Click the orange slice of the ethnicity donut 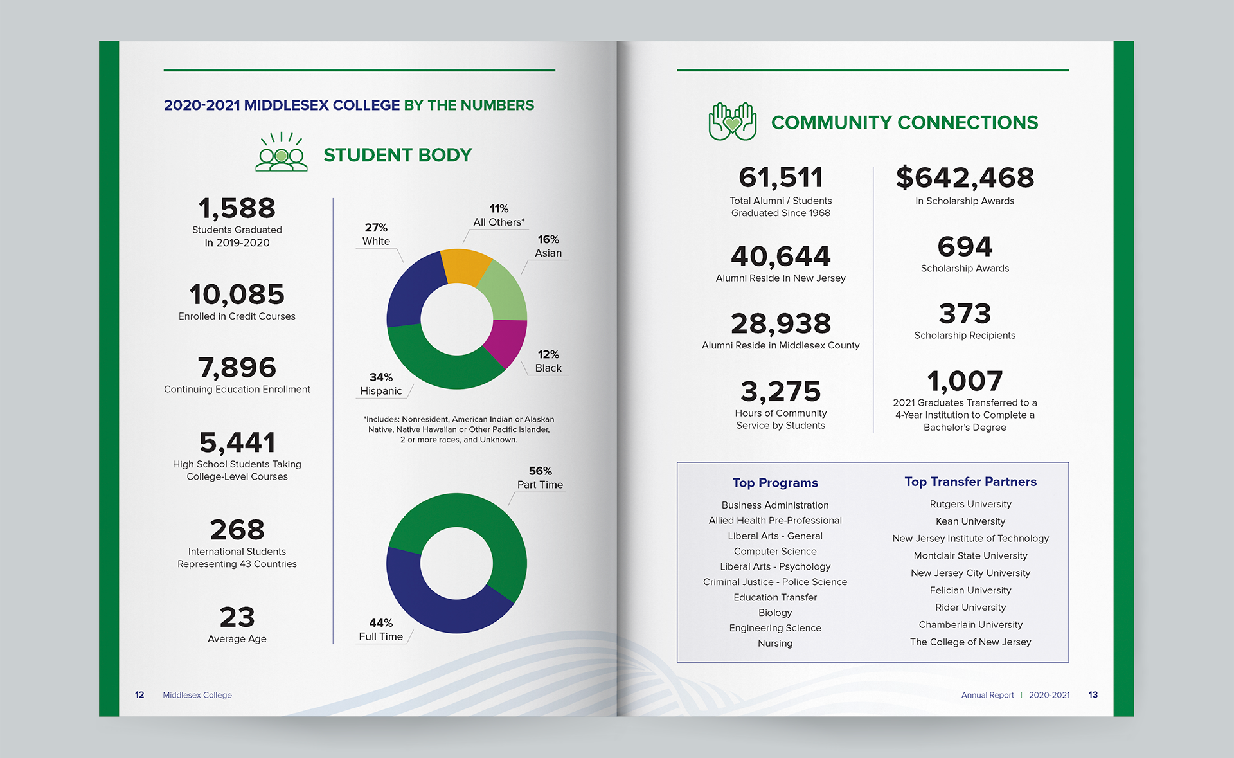[466, 266]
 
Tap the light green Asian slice [505, 293]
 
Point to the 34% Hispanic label [381, 384]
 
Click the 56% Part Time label [540, 478]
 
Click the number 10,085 [237, 294]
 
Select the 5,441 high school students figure [237, 442]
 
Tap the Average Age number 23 [237, 617]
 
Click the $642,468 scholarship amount [965, 177]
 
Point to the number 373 [965, 314]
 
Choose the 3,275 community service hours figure [780, 392]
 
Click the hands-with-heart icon [732, 122]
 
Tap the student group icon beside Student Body [282, 152]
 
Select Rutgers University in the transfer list [970, 504]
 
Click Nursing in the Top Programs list [775, 643]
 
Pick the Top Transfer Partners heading [970, 482]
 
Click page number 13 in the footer [1093, 695]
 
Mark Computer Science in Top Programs [775, 551]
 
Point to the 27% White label [376, 235]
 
